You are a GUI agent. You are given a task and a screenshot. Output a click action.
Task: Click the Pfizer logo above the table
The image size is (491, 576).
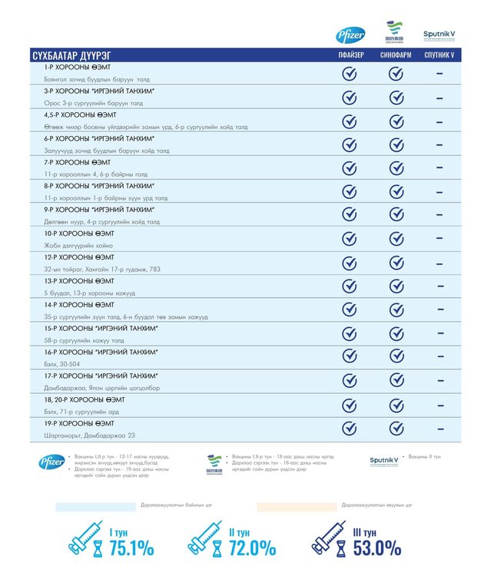pyautogui.click(x=350, y=35)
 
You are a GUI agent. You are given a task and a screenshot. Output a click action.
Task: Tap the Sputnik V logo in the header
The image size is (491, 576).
pyautogui.click(x=440, y=35)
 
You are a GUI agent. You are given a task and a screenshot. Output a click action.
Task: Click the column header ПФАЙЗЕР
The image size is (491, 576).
pyautogui.click(x=350, y=55)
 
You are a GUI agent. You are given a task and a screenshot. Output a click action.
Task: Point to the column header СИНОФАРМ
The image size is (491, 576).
pyautogui.click(x=396, y=55)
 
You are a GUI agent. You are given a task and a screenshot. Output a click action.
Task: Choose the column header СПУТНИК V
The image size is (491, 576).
pyautogui.click(x=440, y=55)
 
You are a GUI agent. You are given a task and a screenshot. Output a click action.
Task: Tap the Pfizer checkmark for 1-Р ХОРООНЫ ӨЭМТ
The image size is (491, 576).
pyautogui.click(x=350, y=74)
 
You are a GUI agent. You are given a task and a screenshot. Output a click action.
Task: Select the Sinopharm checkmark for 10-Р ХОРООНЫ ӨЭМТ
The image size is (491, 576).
pyautogui.click(x=396, y=239)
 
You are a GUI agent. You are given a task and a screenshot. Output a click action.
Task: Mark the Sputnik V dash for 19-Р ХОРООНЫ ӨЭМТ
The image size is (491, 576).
pyautogui.click(x=440, y=428)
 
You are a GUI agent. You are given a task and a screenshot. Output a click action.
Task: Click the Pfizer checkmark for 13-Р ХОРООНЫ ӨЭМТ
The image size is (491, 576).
pyautogui.click(x=350, y=286)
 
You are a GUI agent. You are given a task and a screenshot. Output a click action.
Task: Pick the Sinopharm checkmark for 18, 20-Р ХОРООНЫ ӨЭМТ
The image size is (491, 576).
pyautogui.click(x=396, y=404)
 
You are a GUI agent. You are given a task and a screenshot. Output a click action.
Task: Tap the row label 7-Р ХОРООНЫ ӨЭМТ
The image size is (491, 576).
pyautogui.click(x=77, y=162)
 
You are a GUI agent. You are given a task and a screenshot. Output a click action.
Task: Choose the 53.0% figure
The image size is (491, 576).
pyautogui.click(x=377, y=549)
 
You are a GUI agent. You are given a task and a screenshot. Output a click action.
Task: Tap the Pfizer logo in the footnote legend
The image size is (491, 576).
pyautogui.click(x=51, y=462)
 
